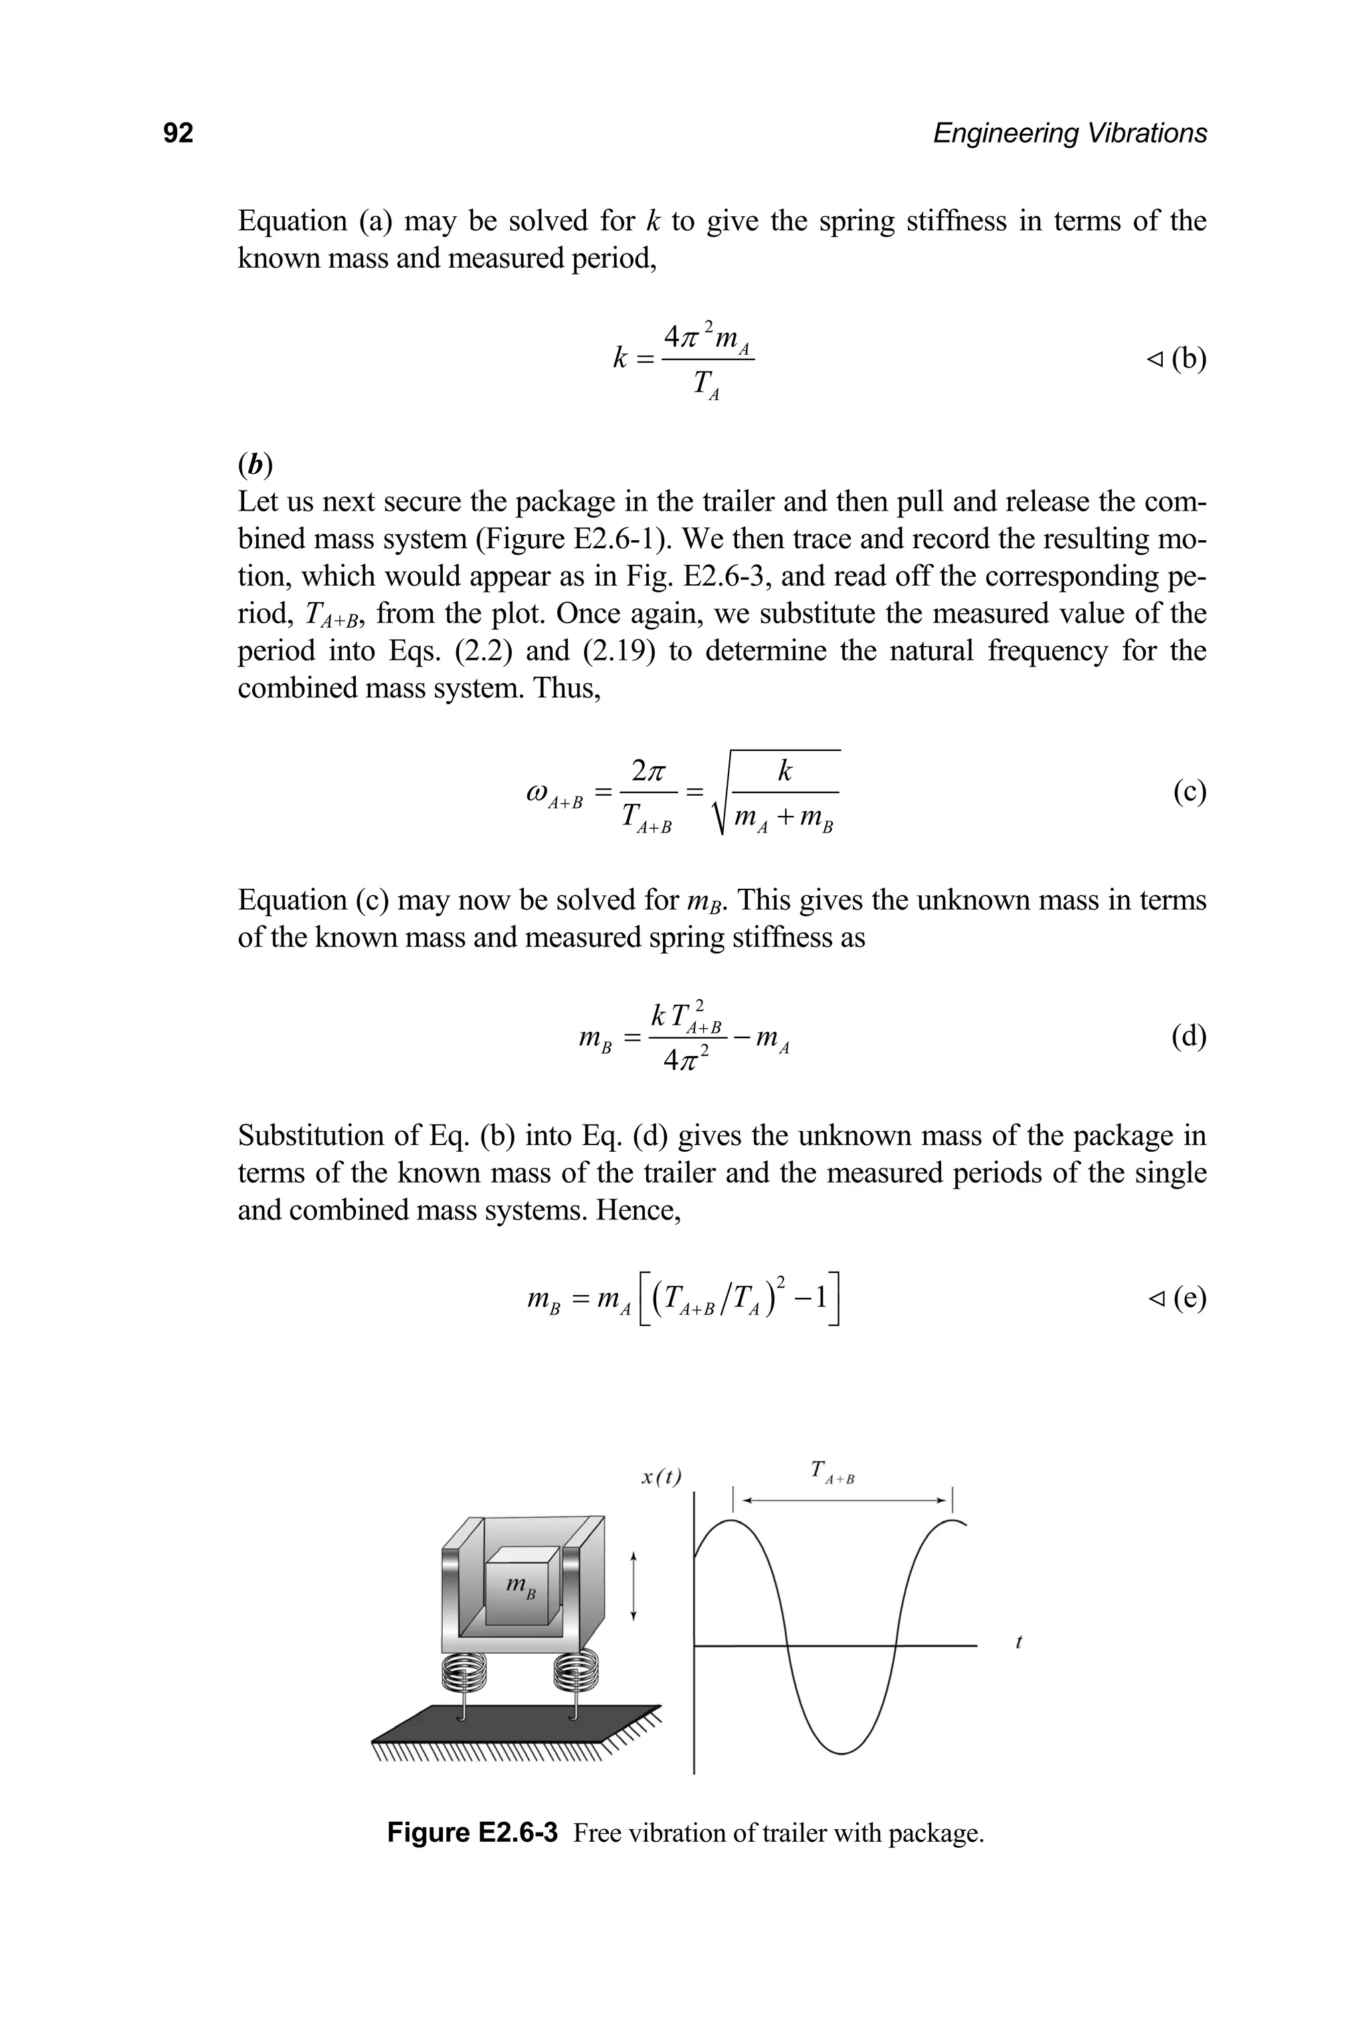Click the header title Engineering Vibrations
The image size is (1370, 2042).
click(1070, 133)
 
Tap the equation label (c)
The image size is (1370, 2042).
click(1189, 791)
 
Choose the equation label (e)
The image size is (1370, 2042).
click(1188, 1298)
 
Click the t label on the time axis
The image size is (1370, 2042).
click(1019, 1642)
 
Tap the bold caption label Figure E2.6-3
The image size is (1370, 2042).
click(472, 1833)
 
